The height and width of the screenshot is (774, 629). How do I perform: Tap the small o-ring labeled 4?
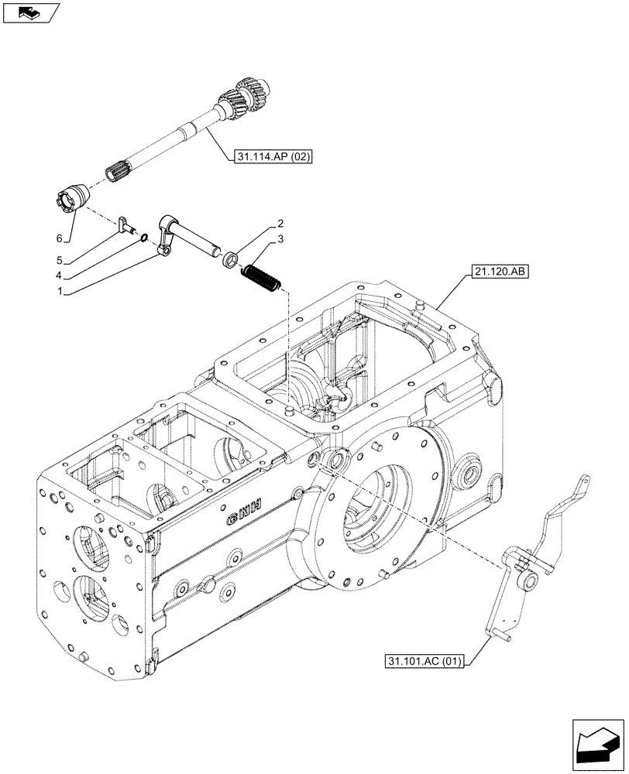pyautogui.click(x=145, y=238)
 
